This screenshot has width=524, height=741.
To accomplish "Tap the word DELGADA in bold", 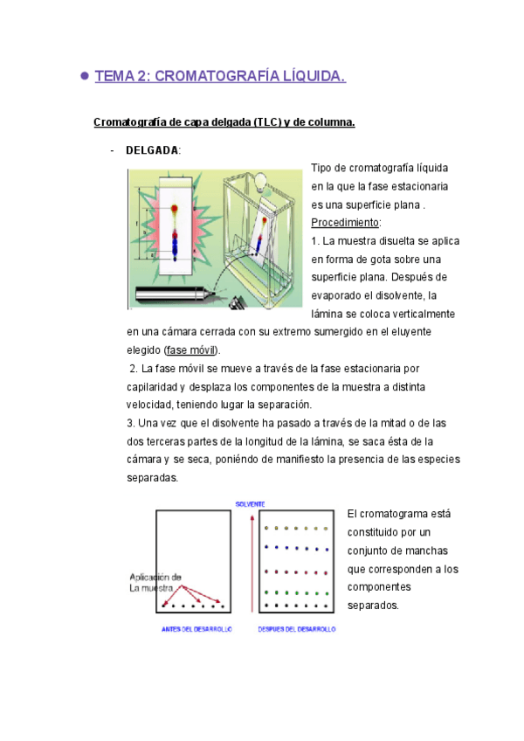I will point(152,150).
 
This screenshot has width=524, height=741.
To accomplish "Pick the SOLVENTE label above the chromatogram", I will point(252,503).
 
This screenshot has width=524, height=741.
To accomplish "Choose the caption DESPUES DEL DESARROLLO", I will point(297,628).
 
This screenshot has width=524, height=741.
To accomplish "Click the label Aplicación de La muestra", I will point(155,582).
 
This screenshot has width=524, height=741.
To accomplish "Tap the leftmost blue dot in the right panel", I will point(266,549).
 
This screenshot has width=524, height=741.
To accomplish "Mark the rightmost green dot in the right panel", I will point(326,592).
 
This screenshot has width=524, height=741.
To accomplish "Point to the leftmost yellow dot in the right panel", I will point(266,529).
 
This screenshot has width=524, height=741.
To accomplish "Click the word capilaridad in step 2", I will point(155,386).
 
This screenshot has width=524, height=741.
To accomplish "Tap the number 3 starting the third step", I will point(130,423).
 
